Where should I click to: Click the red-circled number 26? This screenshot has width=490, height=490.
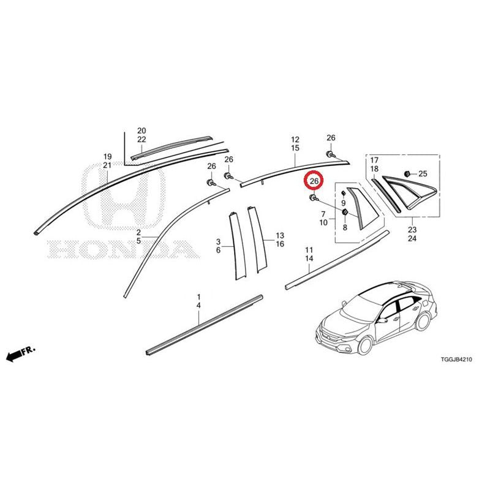pos(314,181)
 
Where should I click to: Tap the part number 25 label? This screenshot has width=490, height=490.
pos(423,173)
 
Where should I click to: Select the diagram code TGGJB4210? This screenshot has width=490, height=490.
pos(456,360)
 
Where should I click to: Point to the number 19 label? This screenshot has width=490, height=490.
pos(107,156)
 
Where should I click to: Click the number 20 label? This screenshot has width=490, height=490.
pos(141,130)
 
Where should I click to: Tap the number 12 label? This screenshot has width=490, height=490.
pos(295,140)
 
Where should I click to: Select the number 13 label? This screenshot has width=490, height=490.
pos(280,235)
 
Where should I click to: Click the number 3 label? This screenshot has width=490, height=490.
pos(218,241)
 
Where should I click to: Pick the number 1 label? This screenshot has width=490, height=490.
pos(198,296)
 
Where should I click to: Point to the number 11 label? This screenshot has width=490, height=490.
pos(309,250)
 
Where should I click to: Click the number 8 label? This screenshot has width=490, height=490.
pos(345,227)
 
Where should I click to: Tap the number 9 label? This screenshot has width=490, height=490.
pos(344,203)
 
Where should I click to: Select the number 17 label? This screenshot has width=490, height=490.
pos(374,160)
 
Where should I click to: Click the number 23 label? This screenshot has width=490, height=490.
pos(412,230)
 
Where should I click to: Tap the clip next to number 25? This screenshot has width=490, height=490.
pos(407,173)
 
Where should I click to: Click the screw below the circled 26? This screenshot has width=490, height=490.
pos(313,197)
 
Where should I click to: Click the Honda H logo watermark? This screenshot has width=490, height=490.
pos(124,196)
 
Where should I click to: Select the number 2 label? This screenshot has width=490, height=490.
pos(138,232)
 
